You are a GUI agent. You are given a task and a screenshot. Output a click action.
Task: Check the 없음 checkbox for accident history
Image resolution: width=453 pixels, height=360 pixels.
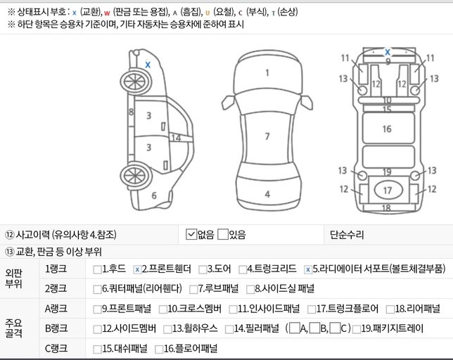point(191,234)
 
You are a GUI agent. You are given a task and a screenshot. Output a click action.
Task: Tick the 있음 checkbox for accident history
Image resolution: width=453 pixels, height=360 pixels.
point(223,234)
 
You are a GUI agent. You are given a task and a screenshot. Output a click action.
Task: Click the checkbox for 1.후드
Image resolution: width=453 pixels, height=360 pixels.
point(97,269)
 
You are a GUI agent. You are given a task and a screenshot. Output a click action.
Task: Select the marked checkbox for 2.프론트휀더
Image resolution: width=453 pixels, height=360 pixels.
point(137,269)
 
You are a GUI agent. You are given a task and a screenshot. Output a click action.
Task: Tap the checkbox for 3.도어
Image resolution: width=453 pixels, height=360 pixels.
point(202,269)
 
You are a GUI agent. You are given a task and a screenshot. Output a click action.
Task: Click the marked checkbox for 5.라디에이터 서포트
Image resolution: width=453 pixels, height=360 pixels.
point(307,269)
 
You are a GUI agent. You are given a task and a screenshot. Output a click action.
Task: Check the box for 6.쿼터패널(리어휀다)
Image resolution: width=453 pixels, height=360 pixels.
point(97,288)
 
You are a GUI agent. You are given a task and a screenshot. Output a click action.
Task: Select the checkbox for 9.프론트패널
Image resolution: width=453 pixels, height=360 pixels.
point(97,308)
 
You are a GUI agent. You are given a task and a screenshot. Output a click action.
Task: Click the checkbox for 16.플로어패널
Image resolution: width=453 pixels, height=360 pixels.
point(158,347)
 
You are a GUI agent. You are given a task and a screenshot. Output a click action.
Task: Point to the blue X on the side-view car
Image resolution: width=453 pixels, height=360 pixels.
point(148,64)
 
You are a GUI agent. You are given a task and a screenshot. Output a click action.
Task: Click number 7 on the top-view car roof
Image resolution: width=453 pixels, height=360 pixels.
point(267,136)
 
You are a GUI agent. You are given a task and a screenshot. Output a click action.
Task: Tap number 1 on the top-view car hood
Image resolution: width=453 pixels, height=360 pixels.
point(267,72)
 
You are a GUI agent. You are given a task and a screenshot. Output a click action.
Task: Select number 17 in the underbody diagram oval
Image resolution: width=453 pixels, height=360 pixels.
point(387,190)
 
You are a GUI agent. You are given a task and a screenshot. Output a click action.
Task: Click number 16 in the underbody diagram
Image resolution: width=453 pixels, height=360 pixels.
point(387,129)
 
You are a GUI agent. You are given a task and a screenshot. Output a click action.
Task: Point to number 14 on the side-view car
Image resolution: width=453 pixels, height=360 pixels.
point(176,139)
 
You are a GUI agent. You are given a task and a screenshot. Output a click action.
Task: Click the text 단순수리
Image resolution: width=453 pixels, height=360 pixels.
point(347,234)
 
